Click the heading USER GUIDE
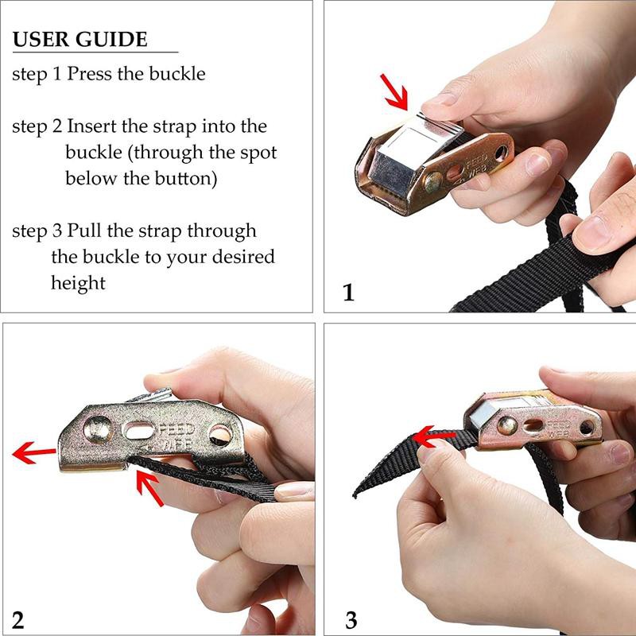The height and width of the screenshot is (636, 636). pos(80,39)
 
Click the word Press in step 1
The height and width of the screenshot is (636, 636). pos(89,73)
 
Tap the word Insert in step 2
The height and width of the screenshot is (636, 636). pos(91,126)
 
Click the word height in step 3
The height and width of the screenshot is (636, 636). pos(78,283)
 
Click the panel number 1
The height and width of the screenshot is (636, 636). pos(348,292)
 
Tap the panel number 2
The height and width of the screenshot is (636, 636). pos(17,620)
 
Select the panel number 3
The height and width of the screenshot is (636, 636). pos(351,620)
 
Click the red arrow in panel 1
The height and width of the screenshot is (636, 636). pos(394,91)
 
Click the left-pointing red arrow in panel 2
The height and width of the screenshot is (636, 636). pos(34,452)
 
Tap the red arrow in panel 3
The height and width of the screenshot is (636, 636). pos(433,436)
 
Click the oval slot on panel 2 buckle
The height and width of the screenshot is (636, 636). pos(138,430)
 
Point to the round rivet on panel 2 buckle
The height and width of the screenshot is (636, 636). pos(98,429)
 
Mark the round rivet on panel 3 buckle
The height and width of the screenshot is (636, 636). pos(507,425)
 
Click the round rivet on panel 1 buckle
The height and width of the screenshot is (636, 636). pos(433,183)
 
